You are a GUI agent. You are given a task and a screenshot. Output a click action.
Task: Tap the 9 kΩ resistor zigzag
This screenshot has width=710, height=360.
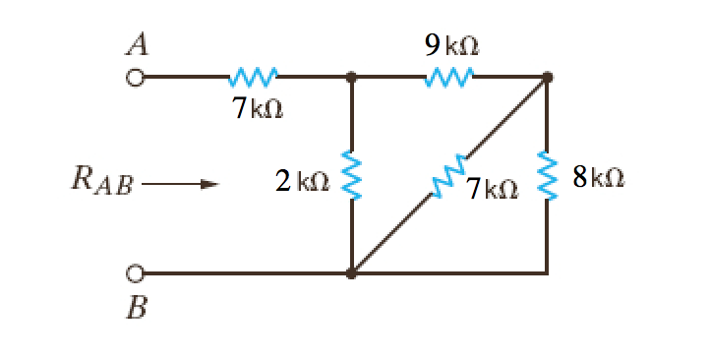pyautogui.click(x=449, y=76)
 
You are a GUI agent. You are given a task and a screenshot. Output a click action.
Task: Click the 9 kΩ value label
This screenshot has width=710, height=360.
pyautogui.click(x=449, y=45)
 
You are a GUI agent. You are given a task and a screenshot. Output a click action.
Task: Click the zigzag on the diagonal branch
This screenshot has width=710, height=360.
pyautogui.click(x=449, y=176)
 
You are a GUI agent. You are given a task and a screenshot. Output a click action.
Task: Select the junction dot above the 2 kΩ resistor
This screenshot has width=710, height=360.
pyautogui.click(x=351, y=76)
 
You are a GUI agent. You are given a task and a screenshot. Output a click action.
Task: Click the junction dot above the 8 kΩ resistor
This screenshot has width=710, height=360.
pyautogui.click(x=548, y=76)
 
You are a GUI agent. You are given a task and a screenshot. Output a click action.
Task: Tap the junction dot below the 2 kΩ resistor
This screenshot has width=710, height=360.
pyautogui.click(x=351, y=272)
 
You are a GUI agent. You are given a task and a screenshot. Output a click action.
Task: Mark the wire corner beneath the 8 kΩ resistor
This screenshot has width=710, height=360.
pyautogui.click(x=548, y=272)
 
